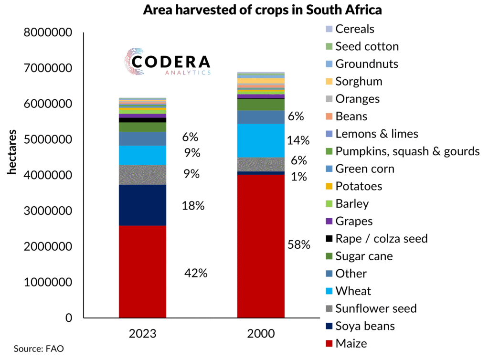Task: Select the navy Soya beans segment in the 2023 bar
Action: coord(142,205)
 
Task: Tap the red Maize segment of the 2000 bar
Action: coord(261,246)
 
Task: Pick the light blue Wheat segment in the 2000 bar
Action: coord(261,140)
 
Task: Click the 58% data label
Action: coord(299,245)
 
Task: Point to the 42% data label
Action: coord(196,273)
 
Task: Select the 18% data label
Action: coord(193,206)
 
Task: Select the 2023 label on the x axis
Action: coord(142,333)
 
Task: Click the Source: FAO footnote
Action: coord(39,349)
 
